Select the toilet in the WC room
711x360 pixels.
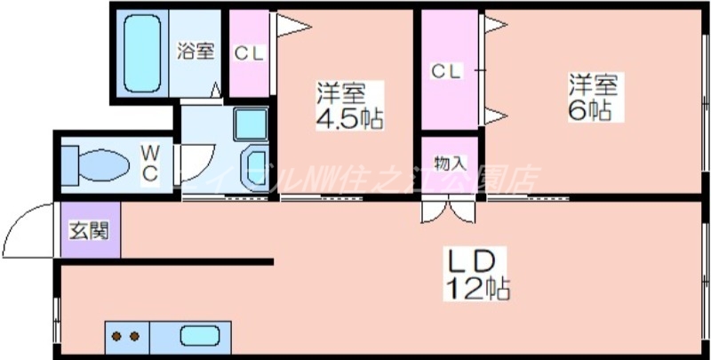[x=98, y=165]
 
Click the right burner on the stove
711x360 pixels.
[x=136, y=337]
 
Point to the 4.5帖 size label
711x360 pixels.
[x=349, y=119]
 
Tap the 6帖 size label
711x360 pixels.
[x=591, y=110]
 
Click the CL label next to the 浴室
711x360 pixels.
[x=249, y=52]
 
